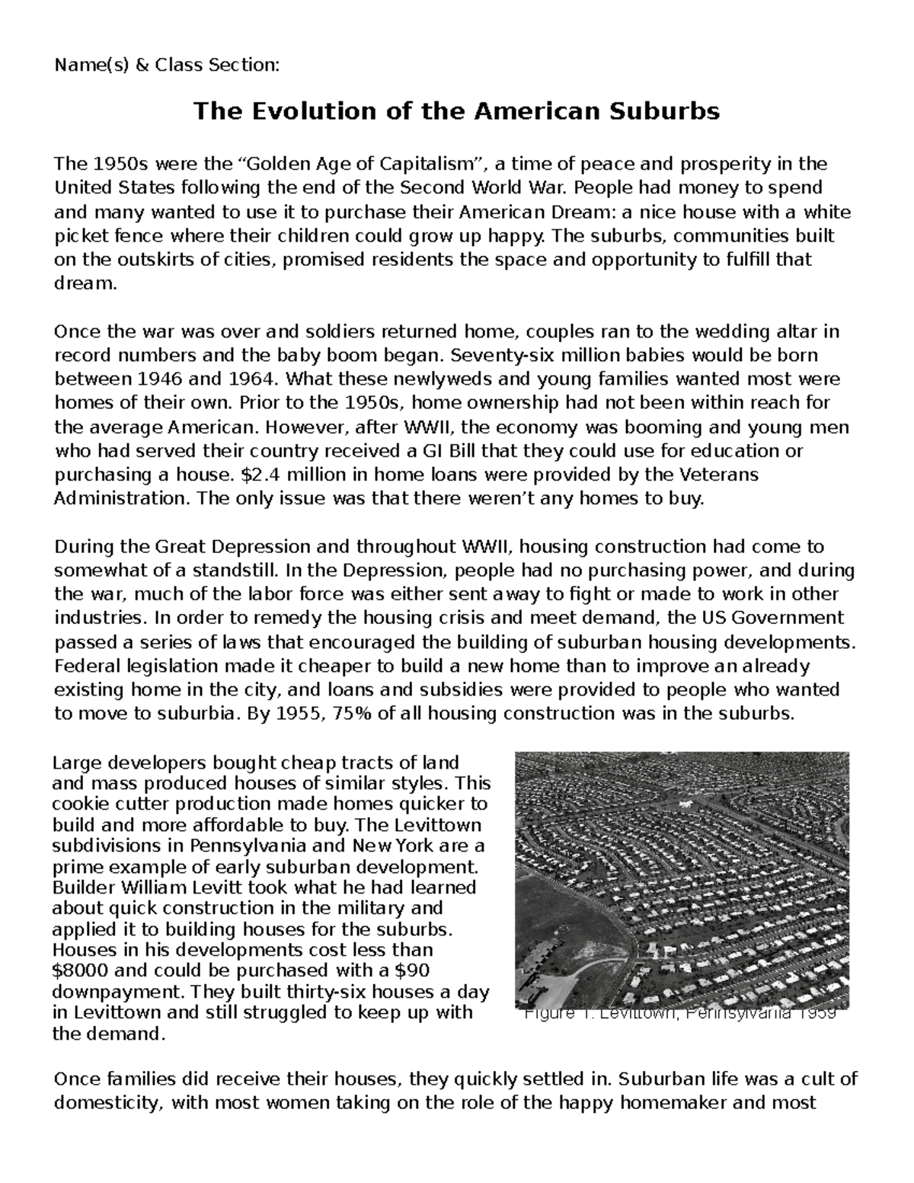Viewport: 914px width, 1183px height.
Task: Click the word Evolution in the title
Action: [x=301, y=112]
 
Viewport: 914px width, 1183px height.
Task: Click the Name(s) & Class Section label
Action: [x=167, y=66]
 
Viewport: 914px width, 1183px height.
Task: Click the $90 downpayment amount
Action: [x=413, y=971]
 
